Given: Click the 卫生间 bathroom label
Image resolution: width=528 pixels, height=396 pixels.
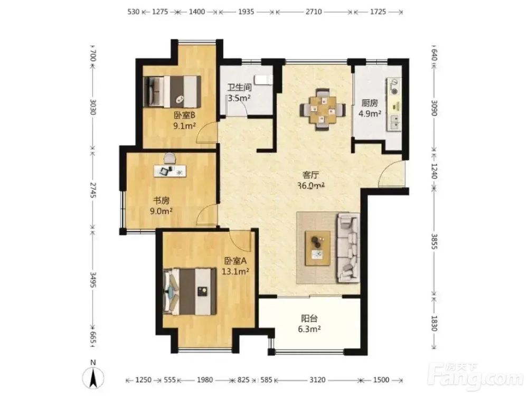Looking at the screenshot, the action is (x=239, y=88).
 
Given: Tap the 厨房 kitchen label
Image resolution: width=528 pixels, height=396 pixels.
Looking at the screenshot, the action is (x=370, y=103).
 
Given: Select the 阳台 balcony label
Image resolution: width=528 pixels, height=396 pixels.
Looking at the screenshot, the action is (x=309, y=318).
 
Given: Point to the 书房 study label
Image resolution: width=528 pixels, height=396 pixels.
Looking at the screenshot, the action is (x=161, y=201).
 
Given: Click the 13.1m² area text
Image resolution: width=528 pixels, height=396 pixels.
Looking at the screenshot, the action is (x=235, y=271).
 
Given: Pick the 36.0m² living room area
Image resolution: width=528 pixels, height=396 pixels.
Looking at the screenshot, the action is (x=311, y=185).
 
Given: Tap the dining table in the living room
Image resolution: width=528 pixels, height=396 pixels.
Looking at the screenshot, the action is (x=323, y=109).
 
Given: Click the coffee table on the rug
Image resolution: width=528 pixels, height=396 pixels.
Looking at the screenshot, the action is (x=317, y=248).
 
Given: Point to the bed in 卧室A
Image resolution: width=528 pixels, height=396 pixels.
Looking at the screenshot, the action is (x=190, y=291).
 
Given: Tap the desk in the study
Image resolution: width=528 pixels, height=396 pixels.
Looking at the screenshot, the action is (x=170, y=171).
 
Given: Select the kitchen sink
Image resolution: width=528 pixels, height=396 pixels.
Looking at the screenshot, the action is (x=394, y=122).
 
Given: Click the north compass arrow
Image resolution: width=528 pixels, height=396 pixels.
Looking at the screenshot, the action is (x=93, y=378).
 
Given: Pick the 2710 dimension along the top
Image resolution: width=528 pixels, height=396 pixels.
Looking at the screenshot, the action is (x=314, y=12).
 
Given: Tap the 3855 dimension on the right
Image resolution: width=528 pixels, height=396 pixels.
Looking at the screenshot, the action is (x=435, y=241).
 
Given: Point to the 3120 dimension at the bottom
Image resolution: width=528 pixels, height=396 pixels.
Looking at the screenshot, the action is (x=317, y=380).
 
